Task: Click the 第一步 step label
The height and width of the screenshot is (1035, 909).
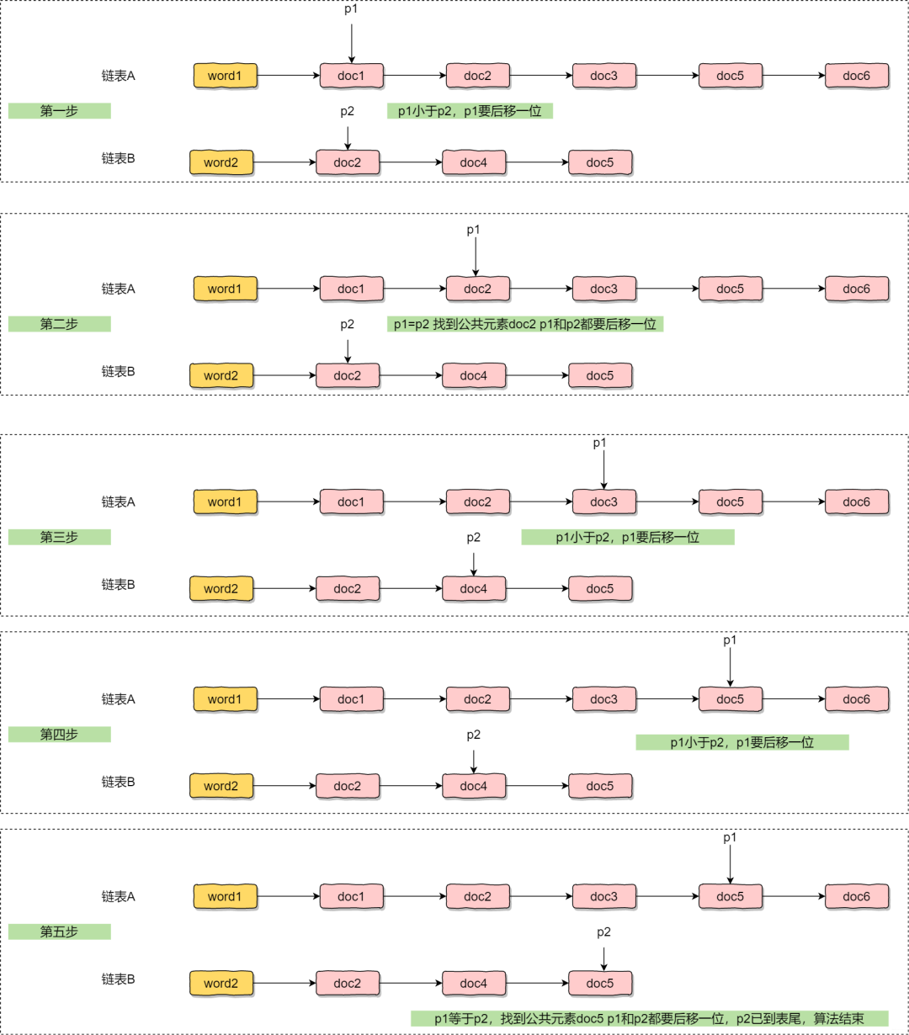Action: [59, 111]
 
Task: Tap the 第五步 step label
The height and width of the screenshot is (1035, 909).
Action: [59, 931]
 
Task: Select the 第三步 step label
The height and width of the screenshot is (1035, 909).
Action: [59, 537]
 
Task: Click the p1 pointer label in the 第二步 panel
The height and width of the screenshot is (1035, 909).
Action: [473, 230]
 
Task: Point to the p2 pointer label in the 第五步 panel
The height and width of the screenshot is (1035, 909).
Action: [603, 931]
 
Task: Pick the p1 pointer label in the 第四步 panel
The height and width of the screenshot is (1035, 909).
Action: [730, 640]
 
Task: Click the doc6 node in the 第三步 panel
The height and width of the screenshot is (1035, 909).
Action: [856, 502]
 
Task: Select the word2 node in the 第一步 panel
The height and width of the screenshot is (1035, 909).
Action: [221, 162]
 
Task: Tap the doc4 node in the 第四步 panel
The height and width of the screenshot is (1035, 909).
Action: [474, 786]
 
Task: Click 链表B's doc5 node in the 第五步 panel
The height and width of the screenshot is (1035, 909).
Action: [600, 983]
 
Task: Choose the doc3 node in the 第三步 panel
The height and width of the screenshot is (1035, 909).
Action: [604, 502]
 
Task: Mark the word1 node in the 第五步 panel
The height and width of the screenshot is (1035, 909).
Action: [225, 896]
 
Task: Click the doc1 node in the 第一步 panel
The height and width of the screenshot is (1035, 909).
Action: [352, 76]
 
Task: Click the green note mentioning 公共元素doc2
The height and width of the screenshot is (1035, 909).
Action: [525, 324]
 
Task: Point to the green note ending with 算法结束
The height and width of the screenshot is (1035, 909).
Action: [650, 1018]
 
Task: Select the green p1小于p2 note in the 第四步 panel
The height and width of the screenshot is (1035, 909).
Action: [742, 742]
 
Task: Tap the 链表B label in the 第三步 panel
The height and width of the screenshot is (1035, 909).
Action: [118, 585]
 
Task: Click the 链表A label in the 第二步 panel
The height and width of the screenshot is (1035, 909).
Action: [118, 289]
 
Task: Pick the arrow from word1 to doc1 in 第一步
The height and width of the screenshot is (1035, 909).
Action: [289, 76]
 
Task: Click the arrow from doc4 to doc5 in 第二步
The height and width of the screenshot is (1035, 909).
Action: [538, 375]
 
